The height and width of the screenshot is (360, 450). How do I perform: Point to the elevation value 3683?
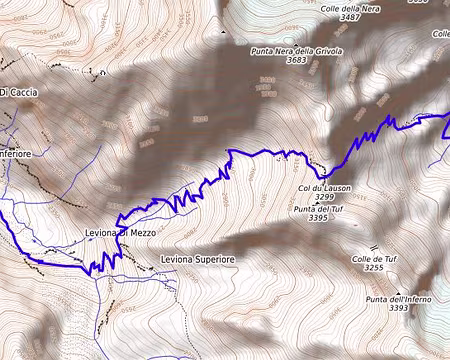[297, 60]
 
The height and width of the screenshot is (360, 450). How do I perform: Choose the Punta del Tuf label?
[319, 208]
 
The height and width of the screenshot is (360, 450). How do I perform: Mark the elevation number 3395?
[319, 218]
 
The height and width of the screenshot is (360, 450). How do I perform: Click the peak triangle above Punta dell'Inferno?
[382, 290]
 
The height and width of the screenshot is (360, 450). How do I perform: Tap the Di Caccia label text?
[19, 93]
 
